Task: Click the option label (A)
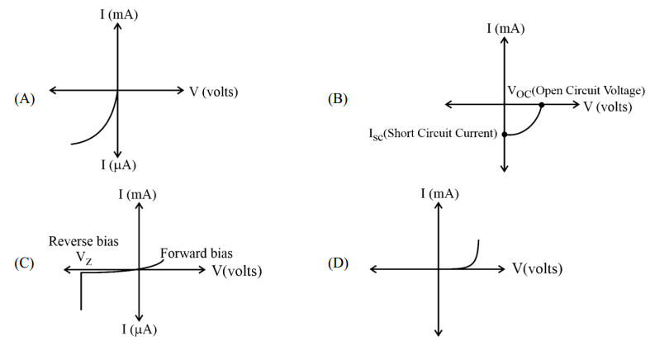pyautogui.click(x=24, y=98)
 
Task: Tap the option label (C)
pyautogui.click(x=24, y=264)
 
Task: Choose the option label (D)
pyautogui.click(x=338, y=263)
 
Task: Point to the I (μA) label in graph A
pyautogui.click(x=119, y=164)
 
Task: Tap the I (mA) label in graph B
pyautogui.click(x=505, y=28)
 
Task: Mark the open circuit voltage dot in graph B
pyautogui.click(x=542, y=105)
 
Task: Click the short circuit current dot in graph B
pyautogui.click(x=505, y=134)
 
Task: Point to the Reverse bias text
pyautogui.click(x=83, y=241)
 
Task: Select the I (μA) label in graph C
pyautogui.click(x=139, y=329)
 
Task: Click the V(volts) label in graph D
pyautogui.click(x=538, y=268)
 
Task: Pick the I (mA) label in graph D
pyautogui.click(x=439, y=193)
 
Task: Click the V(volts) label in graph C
pyautogui.click(x=237, y=270)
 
